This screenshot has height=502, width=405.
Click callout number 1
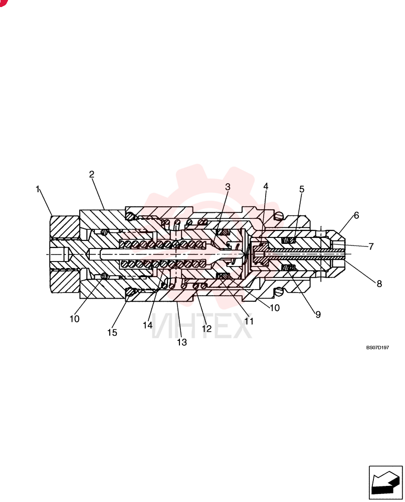coord(38,189)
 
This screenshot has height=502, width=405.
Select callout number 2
coord(92,175)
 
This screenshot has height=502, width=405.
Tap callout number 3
coord(228,187)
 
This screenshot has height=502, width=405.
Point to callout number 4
coord(266,186)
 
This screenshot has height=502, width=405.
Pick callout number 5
coord(302,189)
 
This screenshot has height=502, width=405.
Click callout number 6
coord(356,215)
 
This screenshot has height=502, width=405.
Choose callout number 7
coord(371,246)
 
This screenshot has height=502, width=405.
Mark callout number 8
coord(379,284)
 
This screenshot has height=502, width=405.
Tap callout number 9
coord(318,315)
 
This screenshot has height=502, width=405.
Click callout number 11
coord(249,321)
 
